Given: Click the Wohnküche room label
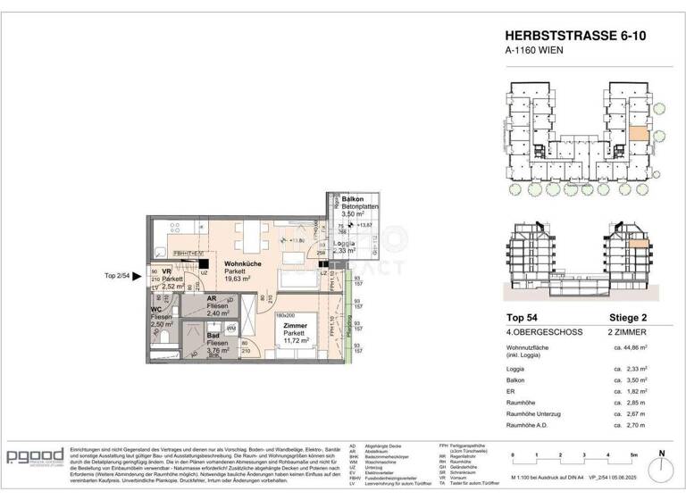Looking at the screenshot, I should (241, 265).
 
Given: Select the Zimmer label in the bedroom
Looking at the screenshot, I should (295, 326).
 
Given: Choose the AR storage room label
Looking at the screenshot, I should (213, 299).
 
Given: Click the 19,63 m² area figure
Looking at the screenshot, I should (241, 279).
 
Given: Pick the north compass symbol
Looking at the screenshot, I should (662, 464).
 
